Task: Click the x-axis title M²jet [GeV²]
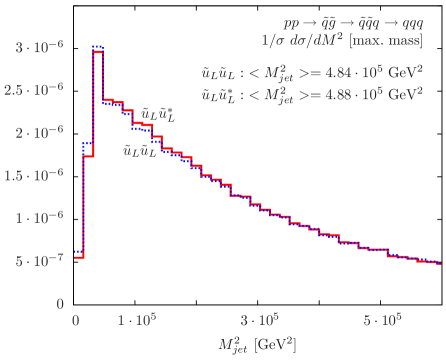click(257, 343)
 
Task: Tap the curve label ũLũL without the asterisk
click(138, 151)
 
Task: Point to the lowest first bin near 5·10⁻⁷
click(79, 256)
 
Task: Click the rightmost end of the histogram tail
click(440, 263)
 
